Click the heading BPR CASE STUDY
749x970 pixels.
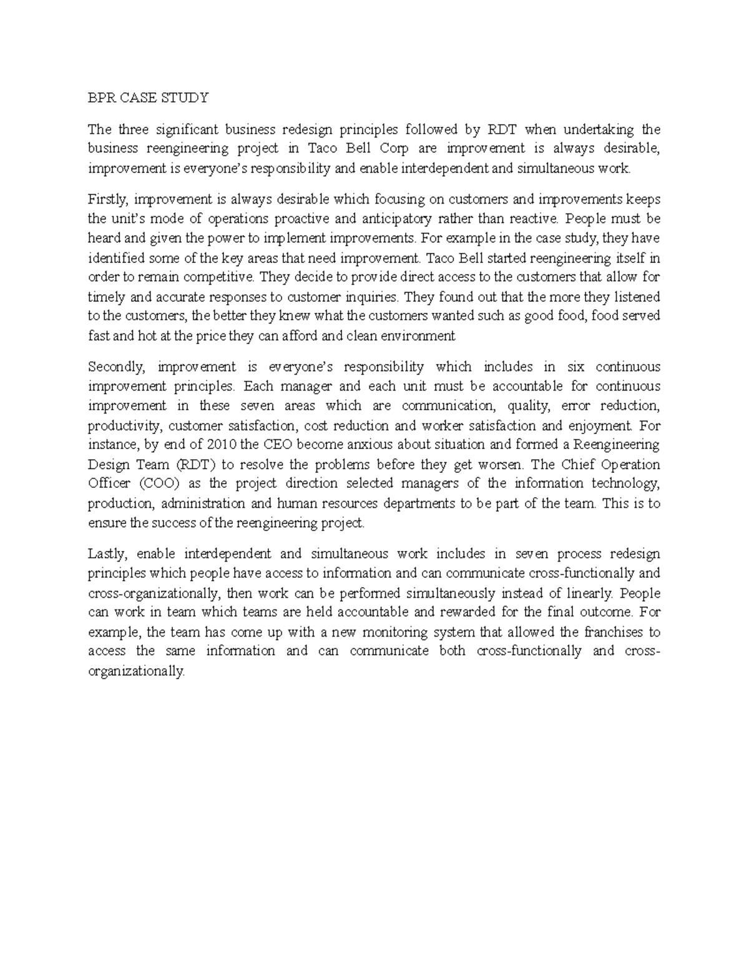pos(148,98)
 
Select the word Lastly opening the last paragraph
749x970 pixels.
pos(106,554)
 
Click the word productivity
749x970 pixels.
pos(124,425)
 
